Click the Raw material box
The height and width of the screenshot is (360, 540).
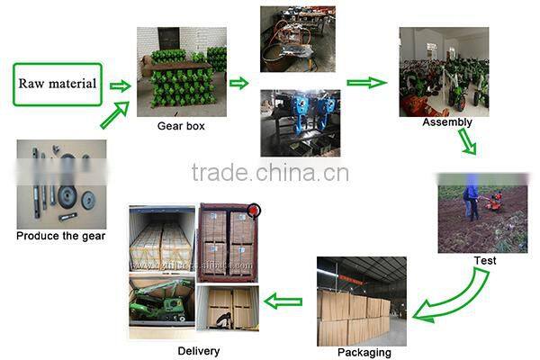point(58,84)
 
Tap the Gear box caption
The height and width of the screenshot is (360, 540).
point(181,126)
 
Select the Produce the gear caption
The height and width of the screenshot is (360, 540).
point(61,237)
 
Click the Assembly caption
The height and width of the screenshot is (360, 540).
point(446,121)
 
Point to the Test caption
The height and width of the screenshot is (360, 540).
point(485,261)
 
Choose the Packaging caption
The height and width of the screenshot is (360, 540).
point(364,353)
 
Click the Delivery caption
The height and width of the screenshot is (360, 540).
point(198,351)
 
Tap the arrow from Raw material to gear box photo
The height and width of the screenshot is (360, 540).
point(120,85)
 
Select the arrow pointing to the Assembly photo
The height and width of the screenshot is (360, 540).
point(365,83)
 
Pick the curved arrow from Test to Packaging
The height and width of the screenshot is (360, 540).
point(455,295)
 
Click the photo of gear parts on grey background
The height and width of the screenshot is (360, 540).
point(61,184)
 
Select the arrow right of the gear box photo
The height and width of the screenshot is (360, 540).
point(238,84)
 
